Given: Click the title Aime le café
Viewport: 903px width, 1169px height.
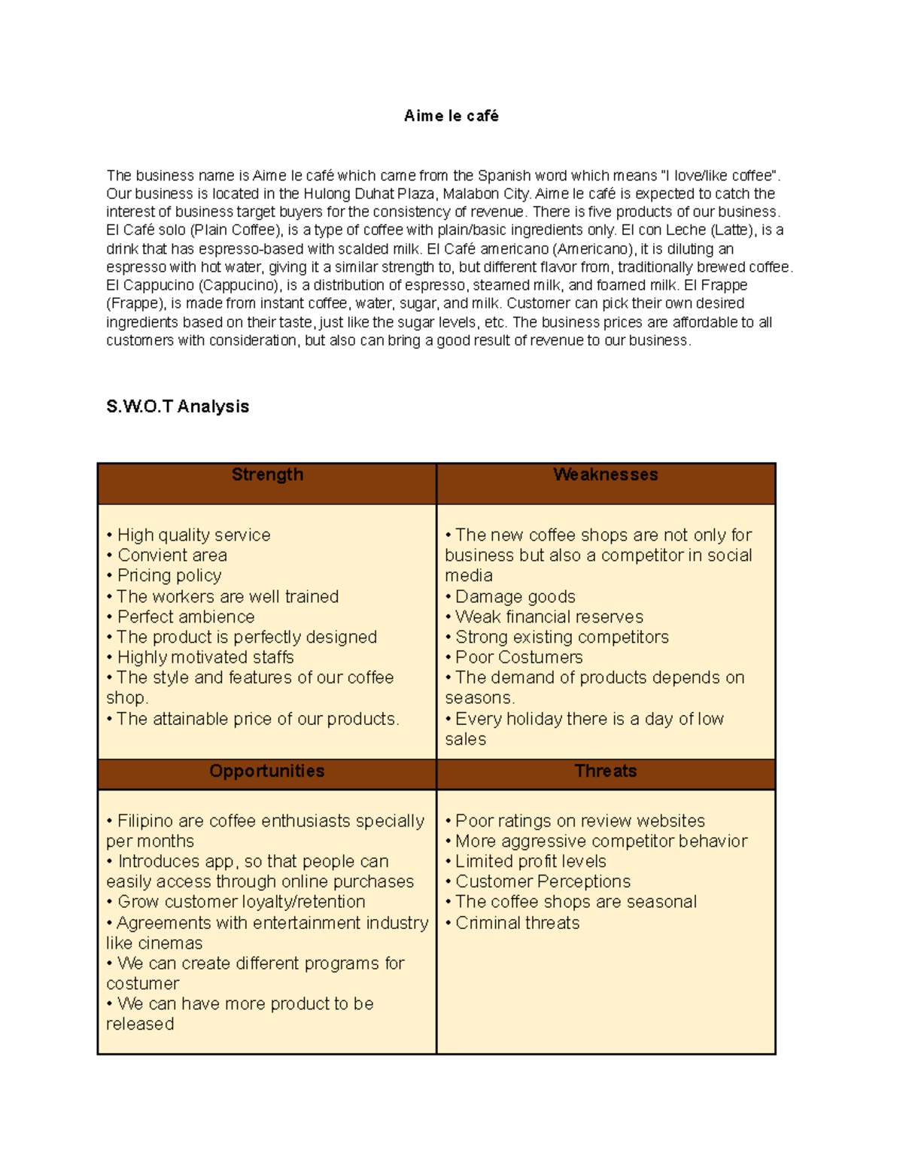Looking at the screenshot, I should [x=451, y=116].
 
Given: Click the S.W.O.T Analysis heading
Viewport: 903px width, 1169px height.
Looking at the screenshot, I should [x=178, y=406].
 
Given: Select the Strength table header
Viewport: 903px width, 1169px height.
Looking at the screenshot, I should [x=267, y=475].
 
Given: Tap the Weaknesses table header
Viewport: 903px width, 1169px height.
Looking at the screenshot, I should [x=605, y=475].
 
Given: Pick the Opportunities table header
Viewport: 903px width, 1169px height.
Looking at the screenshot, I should [x=267, y=771].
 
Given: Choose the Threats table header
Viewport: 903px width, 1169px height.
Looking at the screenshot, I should [x=605, y=771].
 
